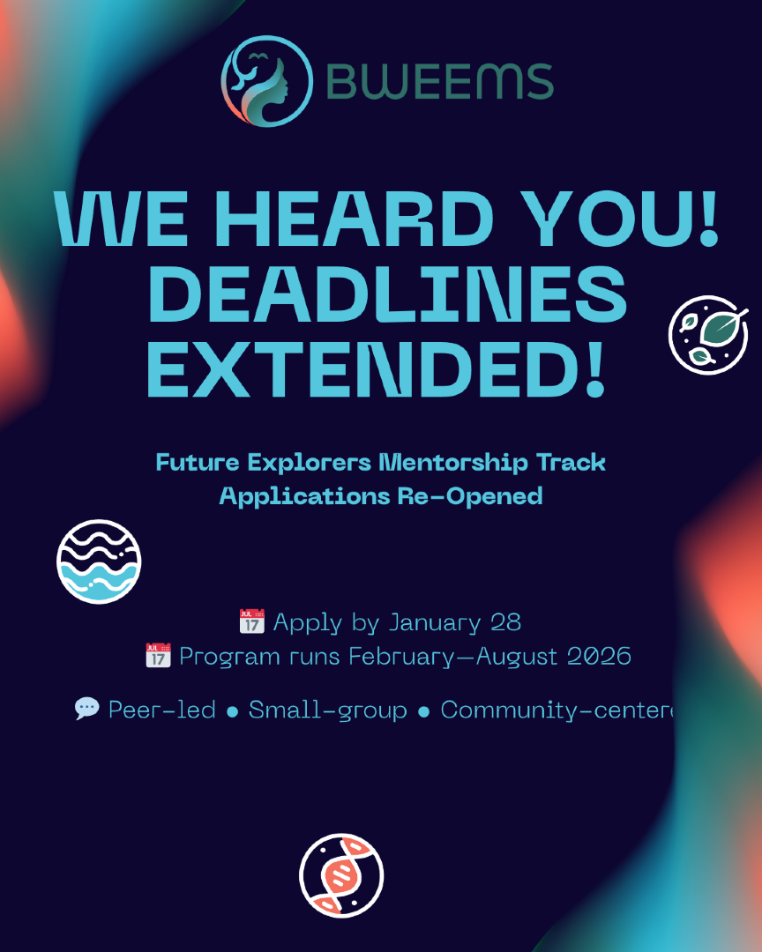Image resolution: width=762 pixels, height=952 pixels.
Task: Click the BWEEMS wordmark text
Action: click(x=440, y=81)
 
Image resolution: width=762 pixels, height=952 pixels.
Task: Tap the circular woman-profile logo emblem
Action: click(x=267, y=81)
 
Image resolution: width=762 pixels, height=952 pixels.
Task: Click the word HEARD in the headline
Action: click(x=355, y=219)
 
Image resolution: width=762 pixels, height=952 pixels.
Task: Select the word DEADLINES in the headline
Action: click(x=387, y=294)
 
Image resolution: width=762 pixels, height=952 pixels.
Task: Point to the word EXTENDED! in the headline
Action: click(x=377, y=368)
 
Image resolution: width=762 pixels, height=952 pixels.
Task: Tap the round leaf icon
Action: click(x=708, y=335)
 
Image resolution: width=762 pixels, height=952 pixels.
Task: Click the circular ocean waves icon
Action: click(x=99, y=562)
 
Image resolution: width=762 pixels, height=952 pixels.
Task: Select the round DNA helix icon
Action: click(x=341, y=875)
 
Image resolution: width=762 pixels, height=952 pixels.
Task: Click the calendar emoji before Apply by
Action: click(x=251, y=621)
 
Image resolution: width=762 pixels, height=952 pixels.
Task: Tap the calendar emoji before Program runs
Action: click(x=158, y=655)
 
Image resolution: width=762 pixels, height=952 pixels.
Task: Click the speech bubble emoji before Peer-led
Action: click(x=87, y=709)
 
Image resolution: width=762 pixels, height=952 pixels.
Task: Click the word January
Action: click(x=435, y=623)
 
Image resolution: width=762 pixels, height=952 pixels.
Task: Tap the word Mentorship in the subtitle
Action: click(x=453, y=463)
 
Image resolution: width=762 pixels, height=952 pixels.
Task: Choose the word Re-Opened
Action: click(x=470, y=496)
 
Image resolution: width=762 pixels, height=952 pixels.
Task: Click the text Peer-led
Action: click(x=161, y=709)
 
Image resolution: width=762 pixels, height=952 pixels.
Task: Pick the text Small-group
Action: click(x=327, y=710)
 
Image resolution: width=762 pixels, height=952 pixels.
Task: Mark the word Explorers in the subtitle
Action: click(x=310, y=464)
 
